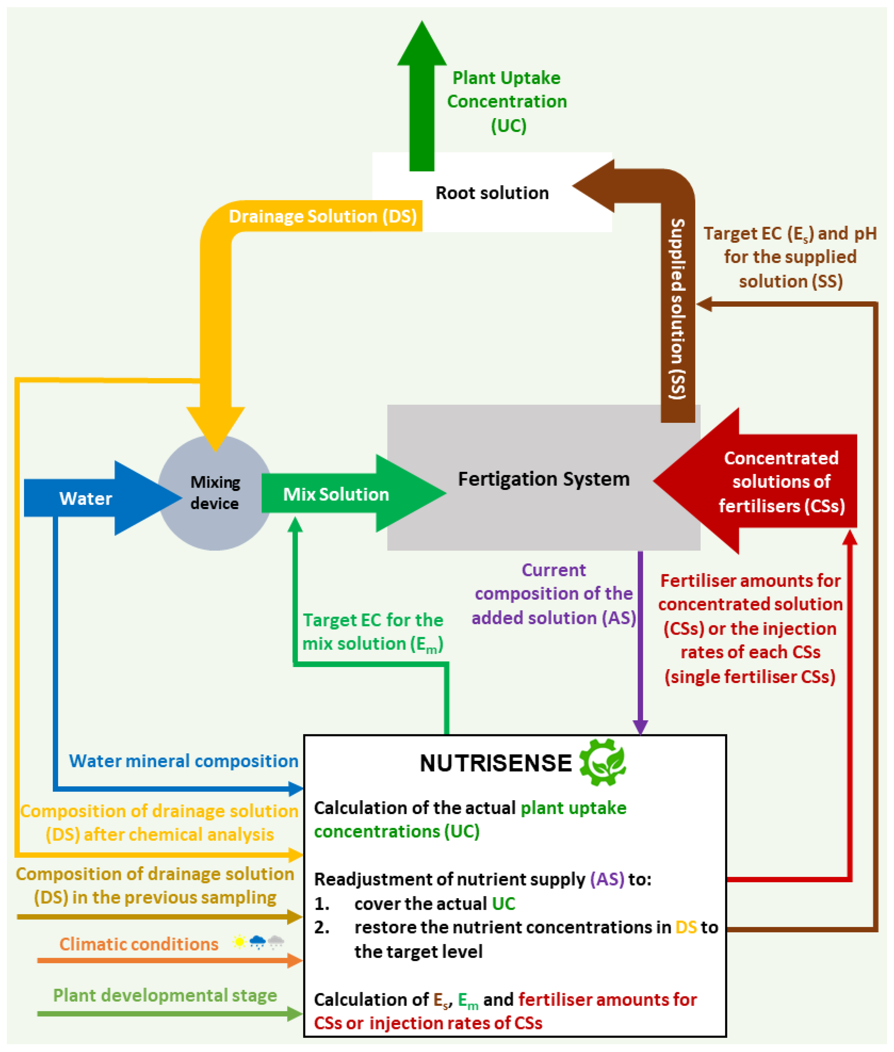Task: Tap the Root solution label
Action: [492, 193]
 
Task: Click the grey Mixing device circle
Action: [215, 493]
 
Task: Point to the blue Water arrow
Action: [86, 498]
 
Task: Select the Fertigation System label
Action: [543, 479]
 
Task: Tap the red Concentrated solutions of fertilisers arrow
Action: [781, 481]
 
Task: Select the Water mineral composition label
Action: [183, 761]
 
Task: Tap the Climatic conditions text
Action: [139, 944]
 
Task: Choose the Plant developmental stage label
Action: [165, 995]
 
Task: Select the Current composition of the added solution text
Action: [553, 593]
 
